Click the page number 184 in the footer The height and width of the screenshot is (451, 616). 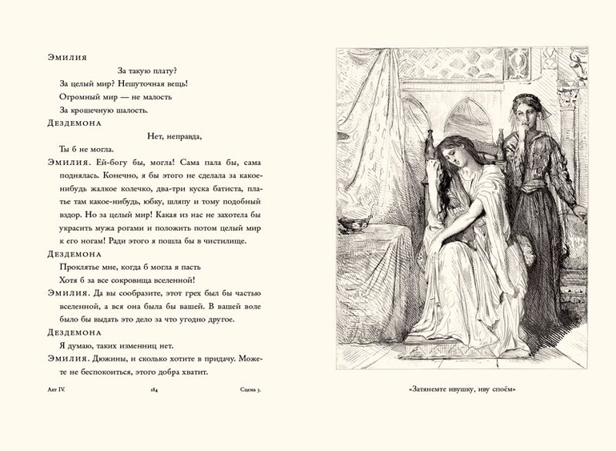pos(154,391)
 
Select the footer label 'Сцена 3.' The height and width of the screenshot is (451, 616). pos(256,391)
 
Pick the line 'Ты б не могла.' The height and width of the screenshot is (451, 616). pos(86,148)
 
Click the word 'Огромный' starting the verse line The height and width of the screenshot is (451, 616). pos(80,96)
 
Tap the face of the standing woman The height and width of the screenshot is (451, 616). pos(528,107)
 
